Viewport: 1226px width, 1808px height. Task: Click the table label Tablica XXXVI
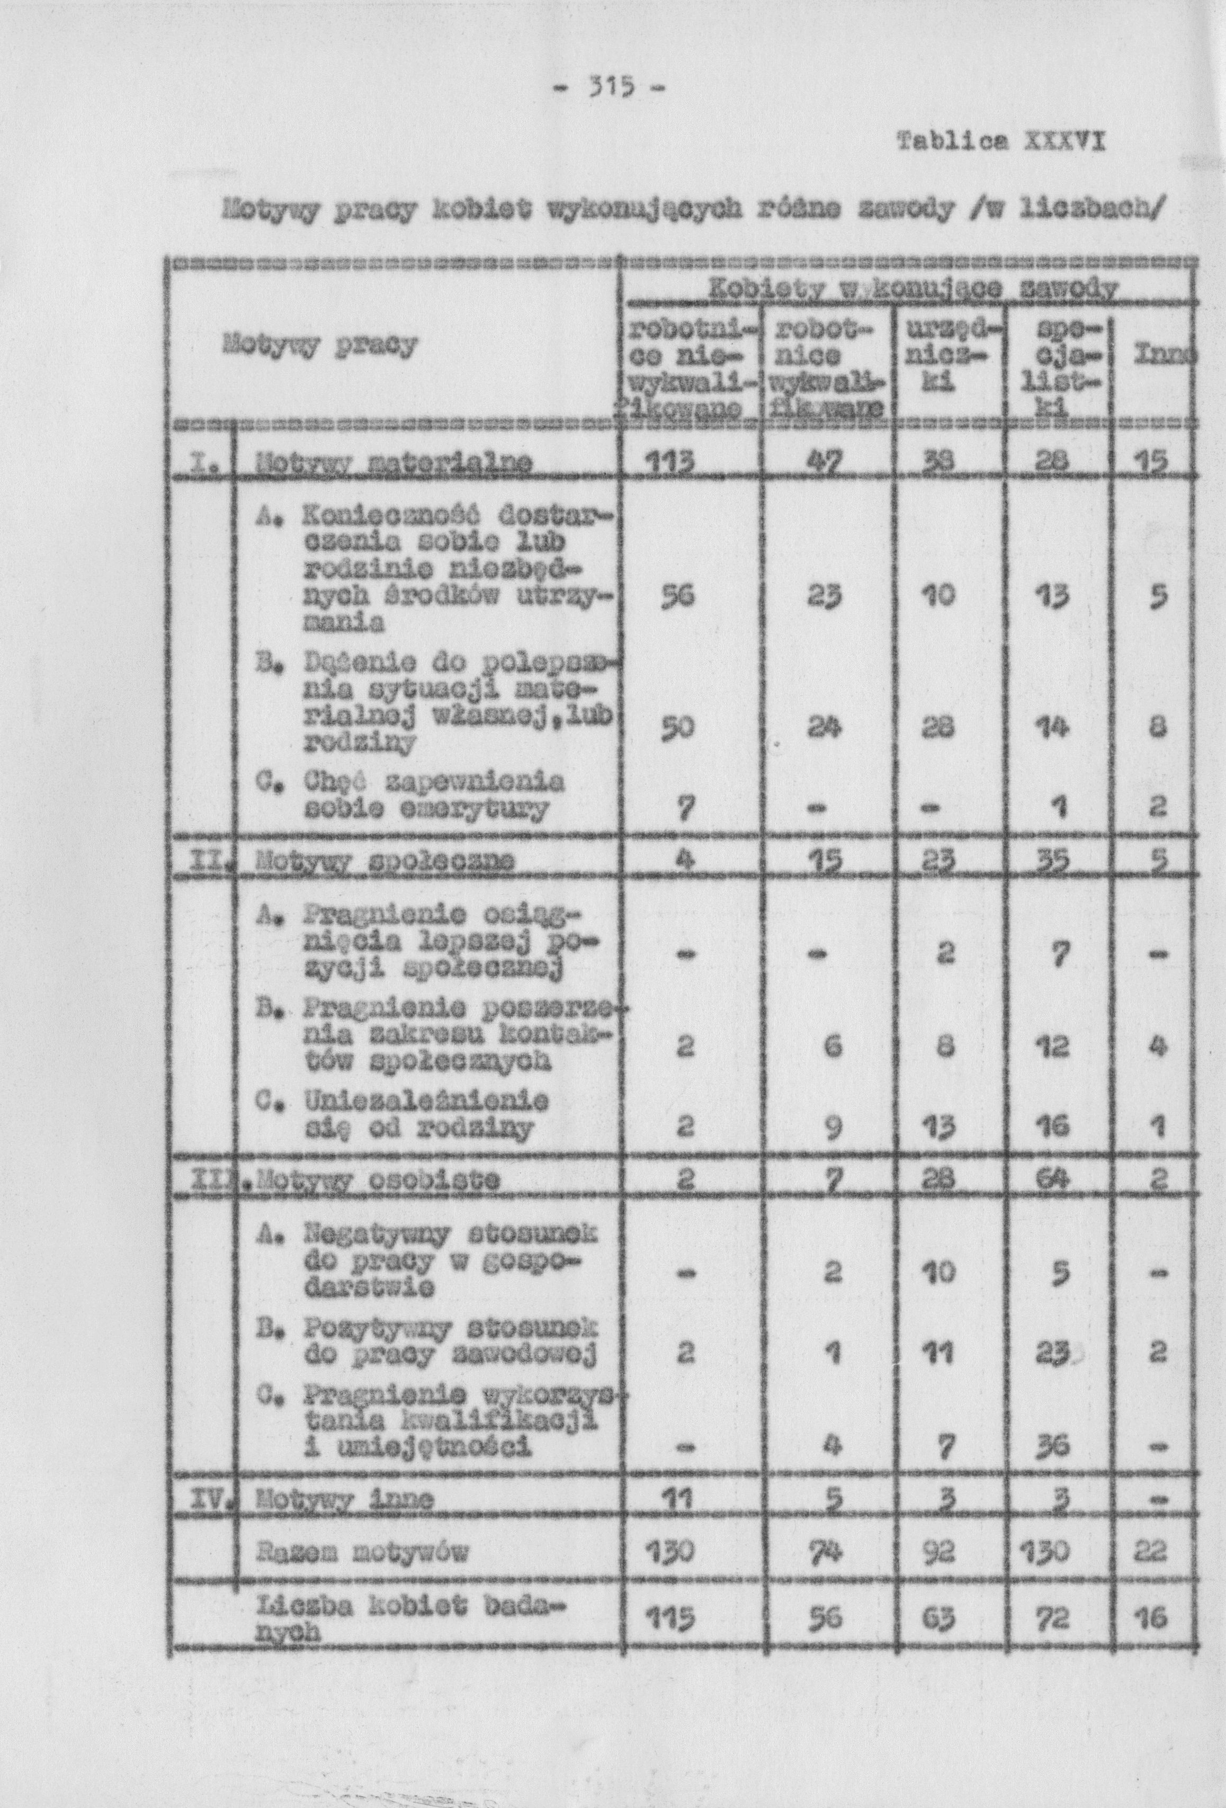click(x=1002, y=143)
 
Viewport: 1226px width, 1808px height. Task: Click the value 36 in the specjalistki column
click(x=1055, y=1445)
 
